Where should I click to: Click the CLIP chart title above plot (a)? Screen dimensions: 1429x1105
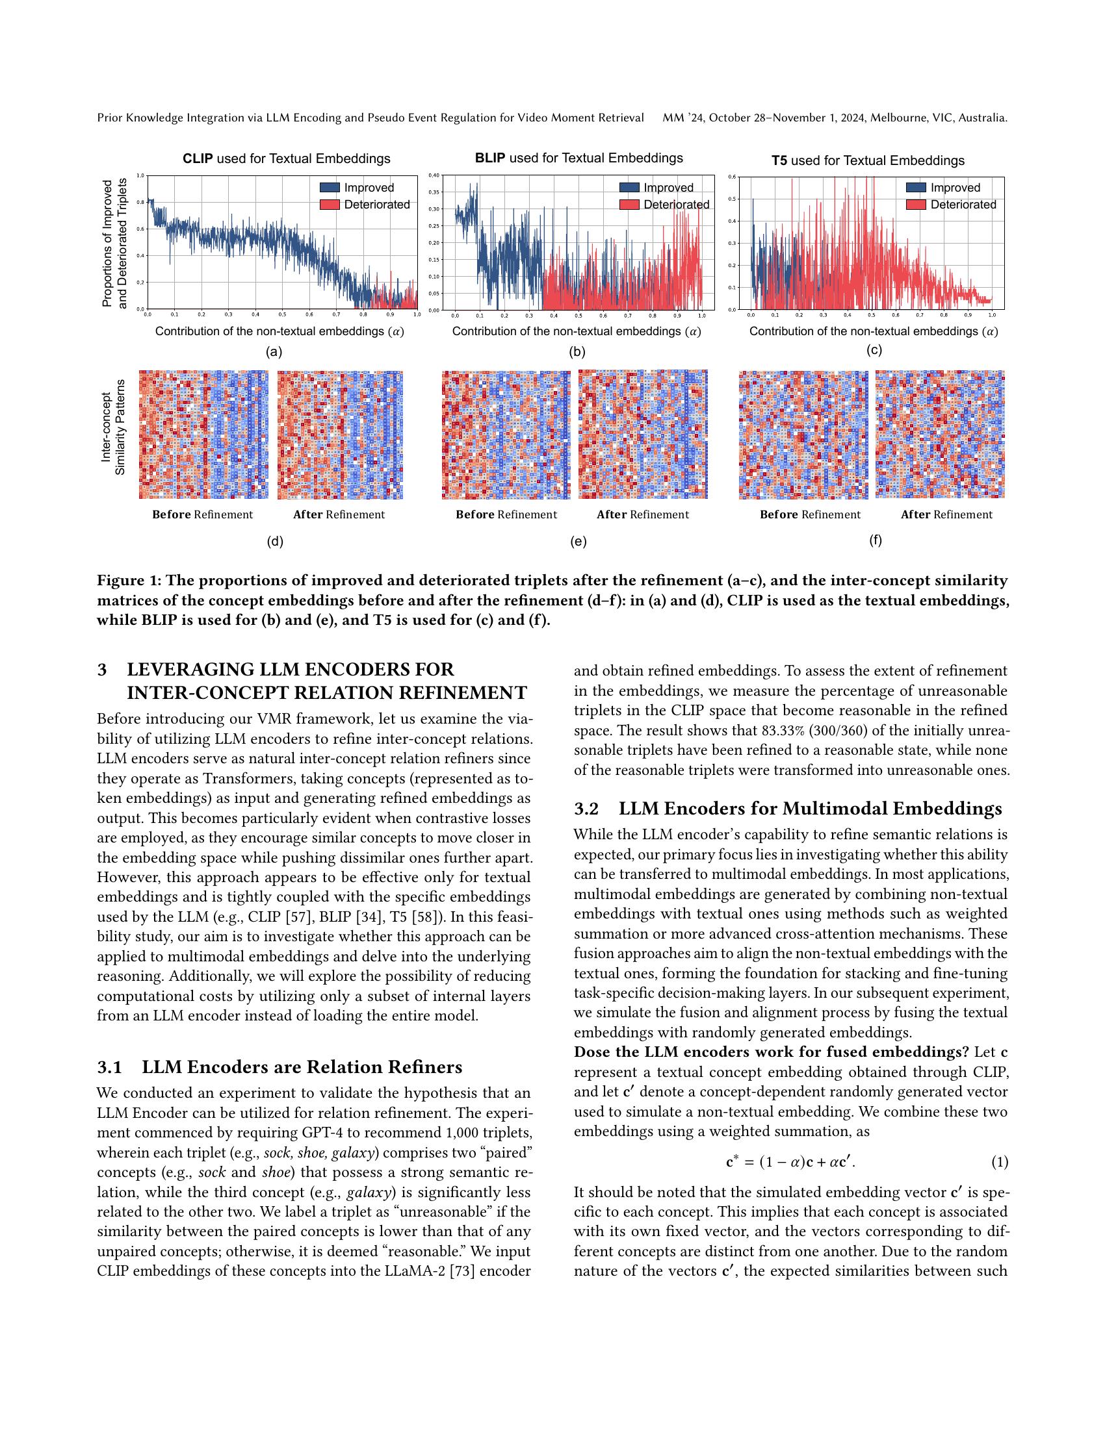[x=286, y=159]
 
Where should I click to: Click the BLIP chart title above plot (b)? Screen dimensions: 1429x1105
[x=578, y=158]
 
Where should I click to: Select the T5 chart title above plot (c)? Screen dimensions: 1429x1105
[x=867, y=161]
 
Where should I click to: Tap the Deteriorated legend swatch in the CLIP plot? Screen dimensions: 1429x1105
[x=330, y=205]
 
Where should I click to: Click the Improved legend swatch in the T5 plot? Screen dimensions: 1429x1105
[x=916, y=188]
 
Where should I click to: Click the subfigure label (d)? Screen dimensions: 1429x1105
[x=275, y=542]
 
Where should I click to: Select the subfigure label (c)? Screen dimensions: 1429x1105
[x=874, y=350]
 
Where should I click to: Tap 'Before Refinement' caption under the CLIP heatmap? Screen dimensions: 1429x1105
[x=202, y=515]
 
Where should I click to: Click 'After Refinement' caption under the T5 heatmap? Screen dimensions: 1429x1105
[x=946, y=515]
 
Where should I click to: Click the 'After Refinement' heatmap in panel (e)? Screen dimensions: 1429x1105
[x=643, y=435]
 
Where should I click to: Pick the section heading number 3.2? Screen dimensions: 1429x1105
[x=586, y=809]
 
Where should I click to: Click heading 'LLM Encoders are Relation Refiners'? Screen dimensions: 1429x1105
[x=302, y=1068]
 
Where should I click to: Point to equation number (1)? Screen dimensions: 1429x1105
[x=999, y=1163]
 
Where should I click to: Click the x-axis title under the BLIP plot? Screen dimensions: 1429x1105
[x=576, y=332]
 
